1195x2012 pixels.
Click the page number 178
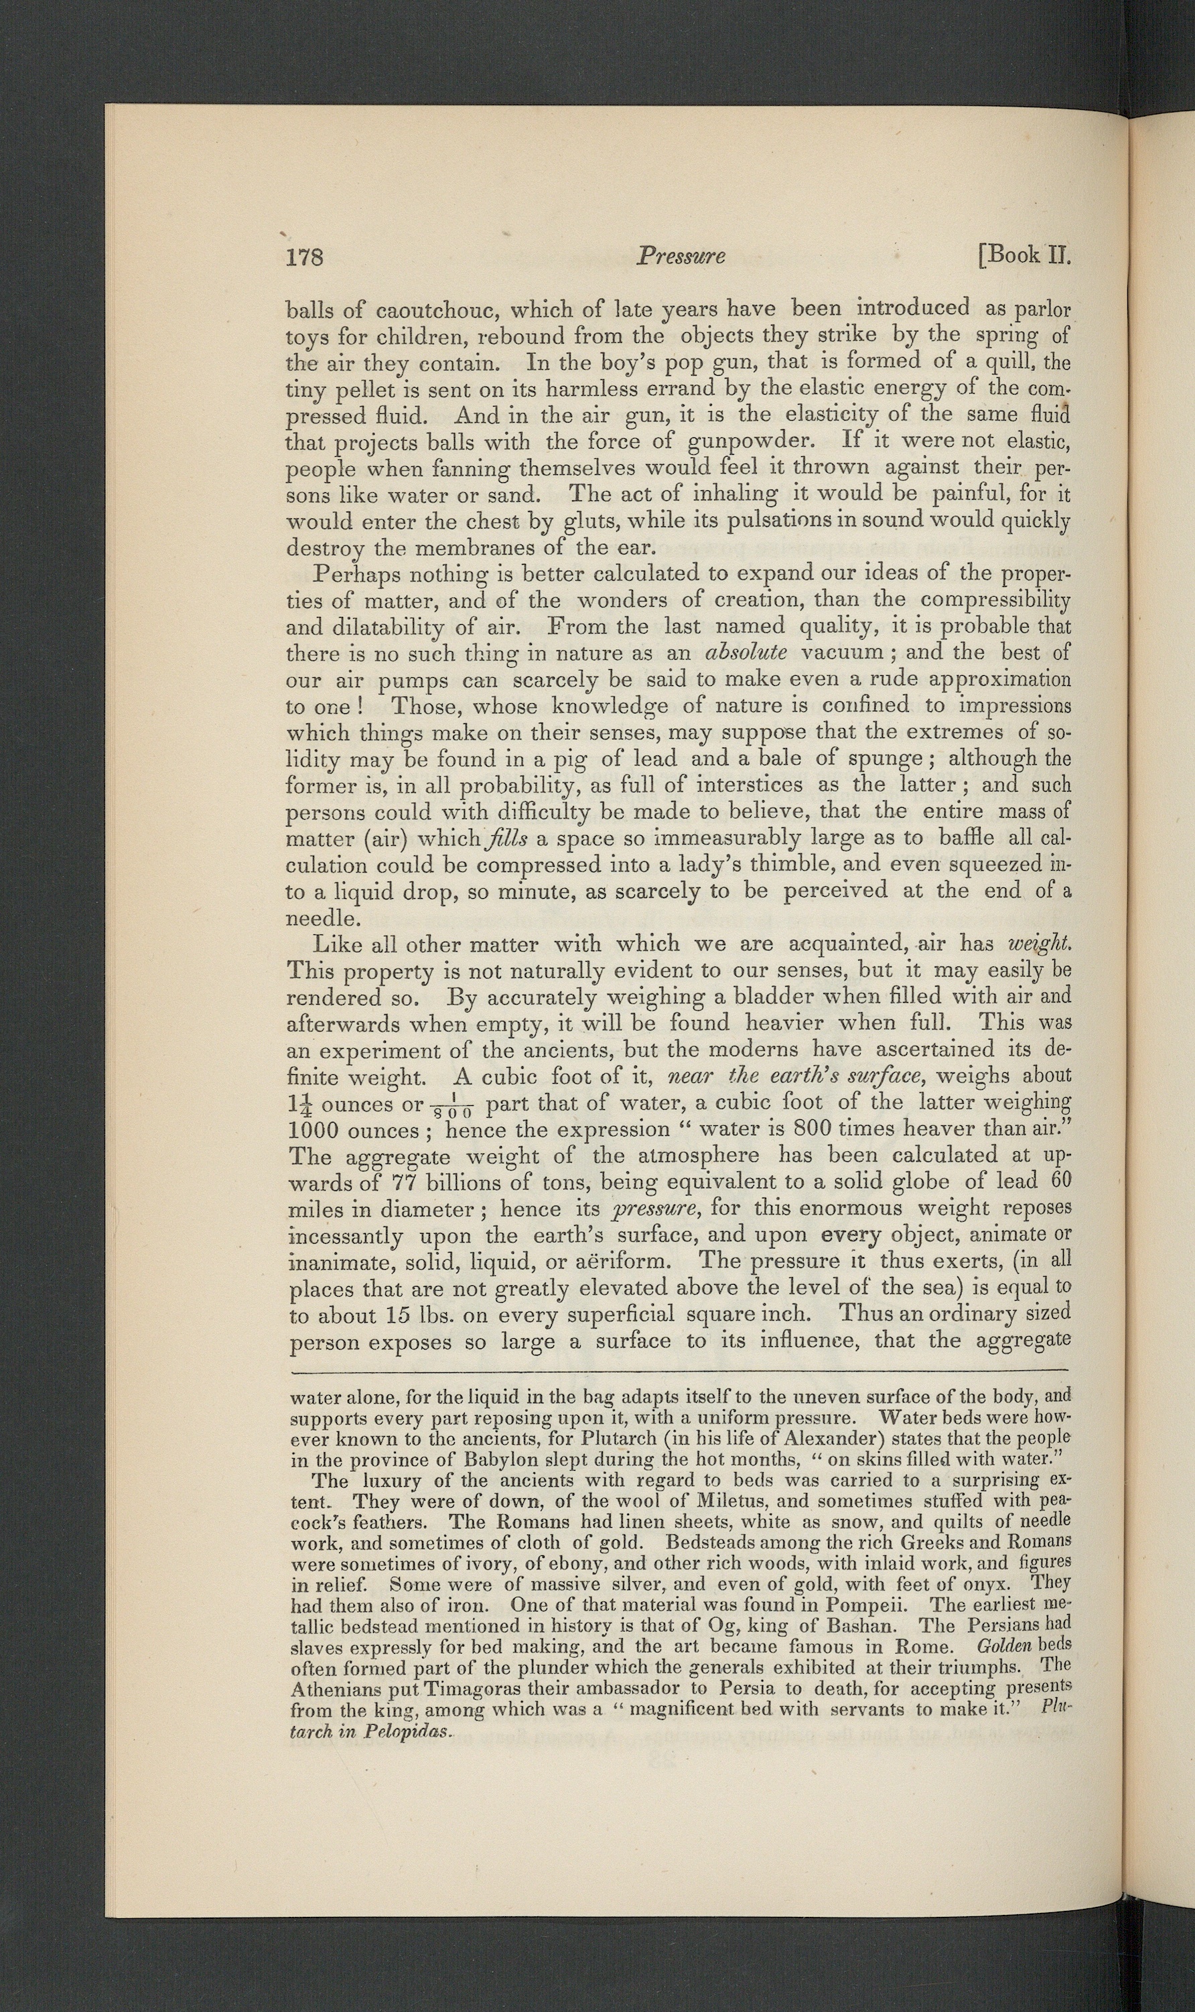[304, 257]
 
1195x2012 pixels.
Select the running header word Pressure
[681, 256]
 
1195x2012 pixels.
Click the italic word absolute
[746, 652]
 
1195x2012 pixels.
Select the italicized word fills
[506, 838]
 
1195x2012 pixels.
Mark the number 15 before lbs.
[399, 1315]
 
